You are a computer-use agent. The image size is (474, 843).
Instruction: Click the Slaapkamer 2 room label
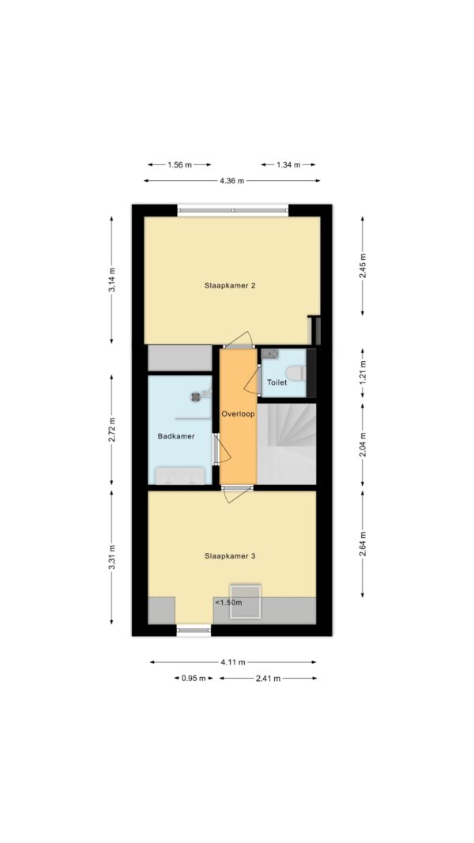pos(229,285)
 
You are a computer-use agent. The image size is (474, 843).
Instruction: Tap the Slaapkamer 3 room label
pos(229,556)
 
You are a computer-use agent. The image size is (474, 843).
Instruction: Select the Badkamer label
pos(175,436)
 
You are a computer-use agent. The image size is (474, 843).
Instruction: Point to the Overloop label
pos(238,415)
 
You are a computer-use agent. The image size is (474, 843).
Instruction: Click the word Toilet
pos(276,383)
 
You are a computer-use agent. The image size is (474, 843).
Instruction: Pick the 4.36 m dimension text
pos(231,181)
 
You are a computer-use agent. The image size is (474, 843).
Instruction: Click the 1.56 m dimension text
pos(179,165)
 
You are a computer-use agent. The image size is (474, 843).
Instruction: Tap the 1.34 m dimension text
pos(288,165)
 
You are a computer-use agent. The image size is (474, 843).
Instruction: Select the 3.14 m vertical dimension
pos(111,280)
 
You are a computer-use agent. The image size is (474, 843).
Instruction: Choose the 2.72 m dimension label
pos(111,430)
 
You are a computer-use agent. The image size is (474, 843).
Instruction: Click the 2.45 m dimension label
pos(363,265)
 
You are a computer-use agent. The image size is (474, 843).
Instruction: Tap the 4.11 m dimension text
pos(233,662)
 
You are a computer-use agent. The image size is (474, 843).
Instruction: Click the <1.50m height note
pos(229,603)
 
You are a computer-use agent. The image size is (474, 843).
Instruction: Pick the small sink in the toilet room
pos(269,354)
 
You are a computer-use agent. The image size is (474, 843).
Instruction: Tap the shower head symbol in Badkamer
pos(196,397)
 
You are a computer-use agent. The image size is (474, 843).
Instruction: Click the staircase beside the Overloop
pos(287,444)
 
